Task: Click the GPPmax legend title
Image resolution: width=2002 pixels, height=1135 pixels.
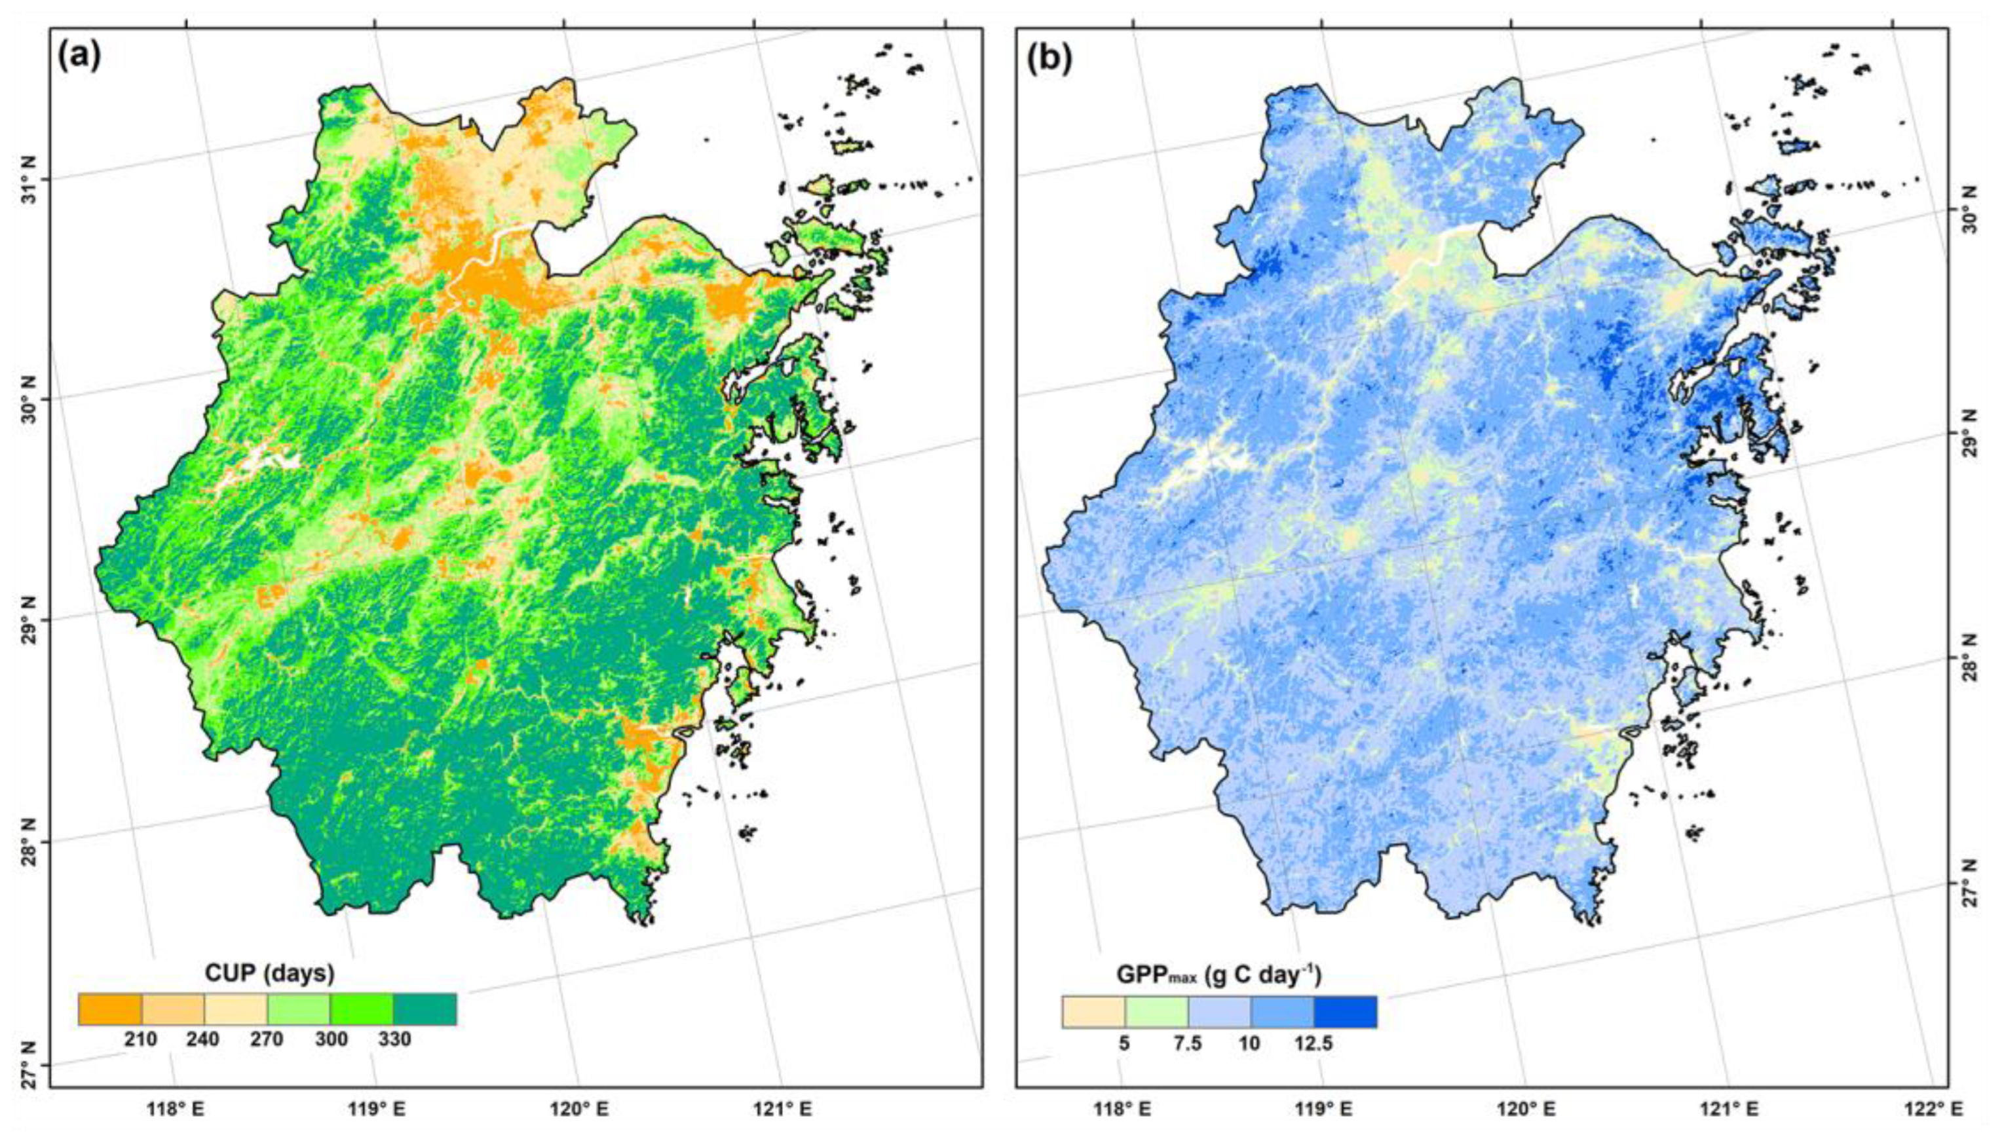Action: pos(1218,975)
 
